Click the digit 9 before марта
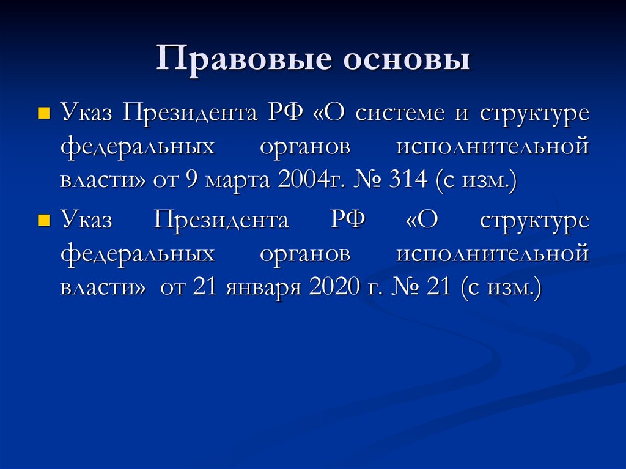coord(193,182)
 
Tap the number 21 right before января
coord(205,288)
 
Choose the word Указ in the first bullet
coord(86,113)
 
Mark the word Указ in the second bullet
coord(86,219)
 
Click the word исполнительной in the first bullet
coord(492,149)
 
